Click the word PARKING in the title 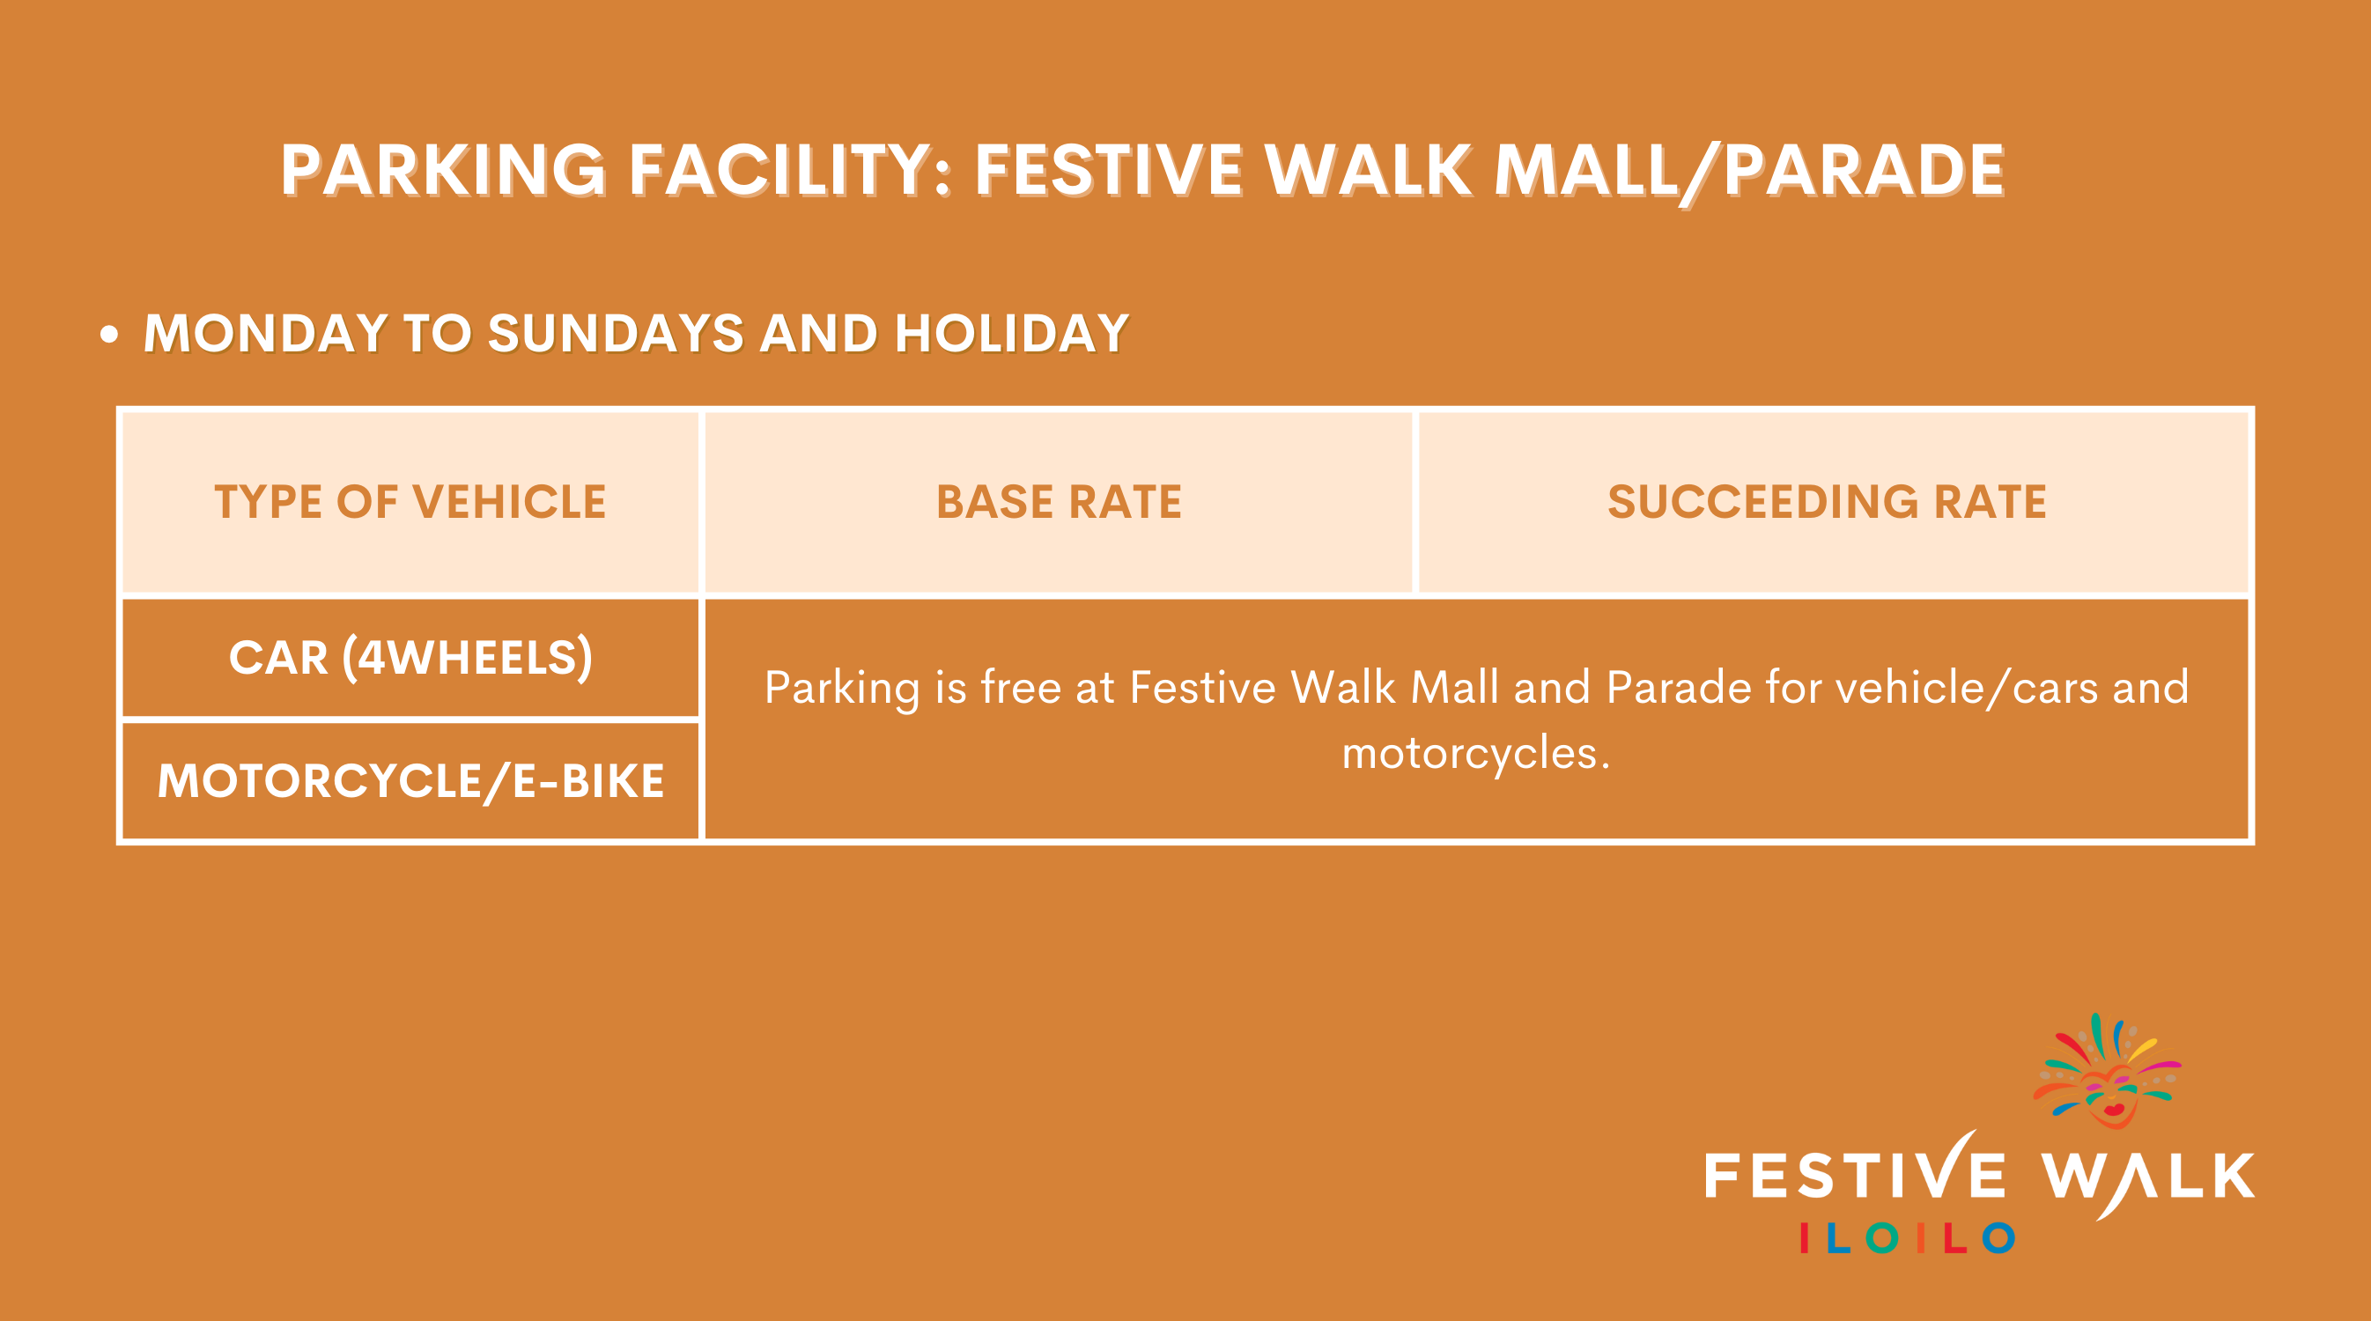point(443,170)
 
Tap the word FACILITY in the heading point(781,170)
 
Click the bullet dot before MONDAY point(109,334)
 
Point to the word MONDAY point(265,332)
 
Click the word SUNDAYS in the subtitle point(615,332)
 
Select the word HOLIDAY point(1011,332)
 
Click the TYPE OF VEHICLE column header point(410,503)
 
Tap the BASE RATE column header point(1059,503)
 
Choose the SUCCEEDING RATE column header point(1827,503)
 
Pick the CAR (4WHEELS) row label point(410,657)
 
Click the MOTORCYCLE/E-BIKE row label point(410,780)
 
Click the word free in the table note point(1021,687)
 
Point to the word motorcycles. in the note point(1475,753)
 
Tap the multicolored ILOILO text point(1907,1238)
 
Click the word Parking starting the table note point(841,689)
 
